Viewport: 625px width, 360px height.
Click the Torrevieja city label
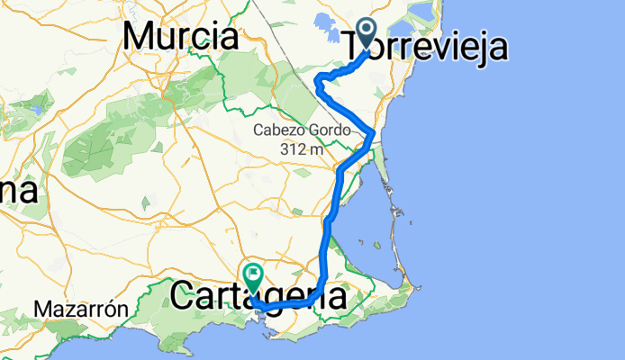point(425,45)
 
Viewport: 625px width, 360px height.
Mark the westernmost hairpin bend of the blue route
point(316,83)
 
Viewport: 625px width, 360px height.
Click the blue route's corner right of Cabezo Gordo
point(372,134)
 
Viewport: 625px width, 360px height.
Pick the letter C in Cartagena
point(183,295)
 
